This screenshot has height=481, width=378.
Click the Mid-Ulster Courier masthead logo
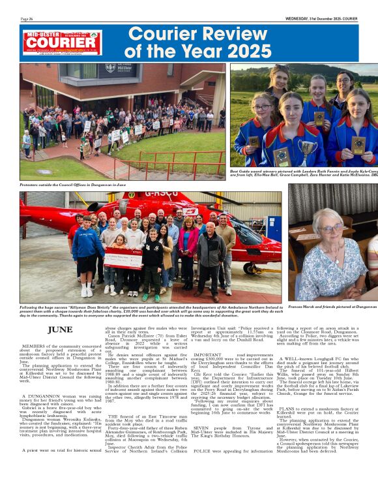[x=62, y=42]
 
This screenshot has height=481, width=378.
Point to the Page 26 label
[x=27, y=19]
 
